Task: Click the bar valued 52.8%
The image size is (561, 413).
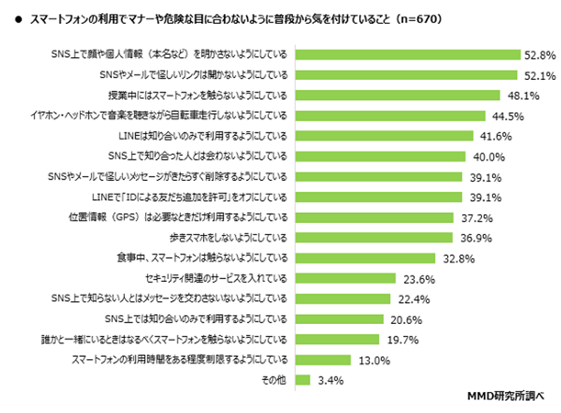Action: tap(407, 54)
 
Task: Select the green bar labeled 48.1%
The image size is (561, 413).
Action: tap(397, 95)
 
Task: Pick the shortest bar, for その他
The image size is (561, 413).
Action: tap(302, 380)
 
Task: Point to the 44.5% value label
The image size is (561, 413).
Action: tap(508, 116)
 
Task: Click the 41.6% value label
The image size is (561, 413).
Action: tap(496, 136)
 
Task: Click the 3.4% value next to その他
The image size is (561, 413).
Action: tap(330, 381)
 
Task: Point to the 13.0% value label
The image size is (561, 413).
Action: tap(374, 360)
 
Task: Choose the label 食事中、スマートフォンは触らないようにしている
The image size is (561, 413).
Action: tap(202, 258)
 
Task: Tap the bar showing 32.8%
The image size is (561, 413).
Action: tap(365, 258)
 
